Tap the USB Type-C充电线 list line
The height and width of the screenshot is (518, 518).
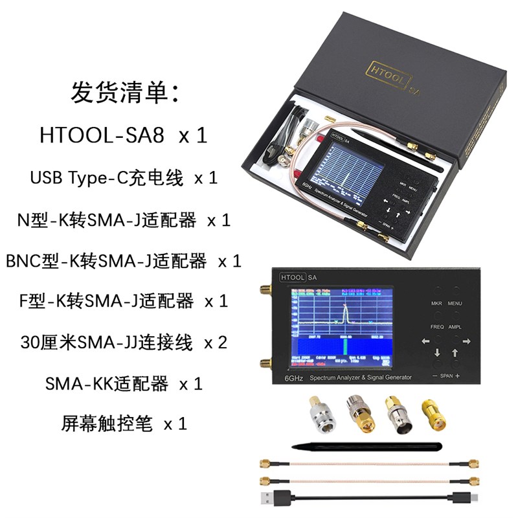[x=107, y=178]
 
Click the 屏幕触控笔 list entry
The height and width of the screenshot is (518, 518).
[x=107, y=424]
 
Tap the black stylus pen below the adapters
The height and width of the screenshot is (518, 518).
[x=366, y=447]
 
